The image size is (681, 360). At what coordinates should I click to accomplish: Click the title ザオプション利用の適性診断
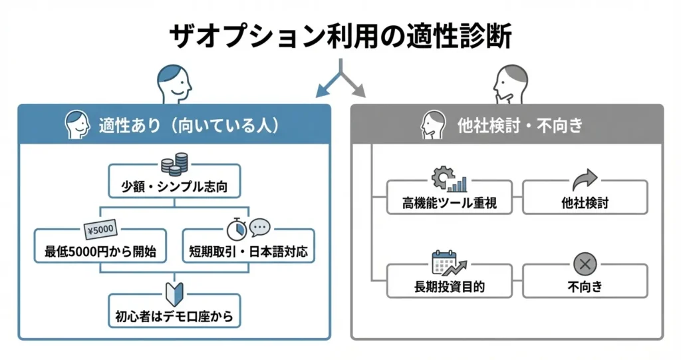340,37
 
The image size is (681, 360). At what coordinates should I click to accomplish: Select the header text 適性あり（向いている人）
188,125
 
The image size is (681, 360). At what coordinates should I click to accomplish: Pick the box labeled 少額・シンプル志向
175,186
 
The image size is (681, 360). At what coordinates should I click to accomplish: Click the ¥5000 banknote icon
100,230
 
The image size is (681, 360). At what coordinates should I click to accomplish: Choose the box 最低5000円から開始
100,252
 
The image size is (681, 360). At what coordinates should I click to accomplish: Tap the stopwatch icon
236,230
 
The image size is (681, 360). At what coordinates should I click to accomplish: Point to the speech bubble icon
260,227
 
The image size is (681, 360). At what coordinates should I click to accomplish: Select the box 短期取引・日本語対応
249,252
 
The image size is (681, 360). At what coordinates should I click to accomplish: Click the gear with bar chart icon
450,178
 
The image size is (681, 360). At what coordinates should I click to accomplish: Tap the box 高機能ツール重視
450,202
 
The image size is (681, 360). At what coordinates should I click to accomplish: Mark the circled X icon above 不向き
585,264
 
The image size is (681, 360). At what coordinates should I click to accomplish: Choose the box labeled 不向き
585,286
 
